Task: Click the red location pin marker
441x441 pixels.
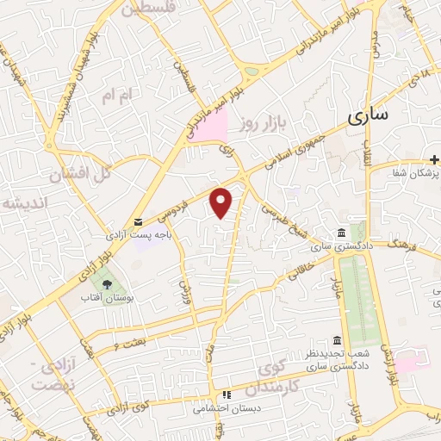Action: tap(222, 201)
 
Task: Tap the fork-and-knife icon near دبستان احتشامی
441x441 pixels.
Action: tap(227, 395)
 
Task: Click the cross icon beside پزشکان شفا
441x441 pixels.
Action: tap(433, 160)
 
